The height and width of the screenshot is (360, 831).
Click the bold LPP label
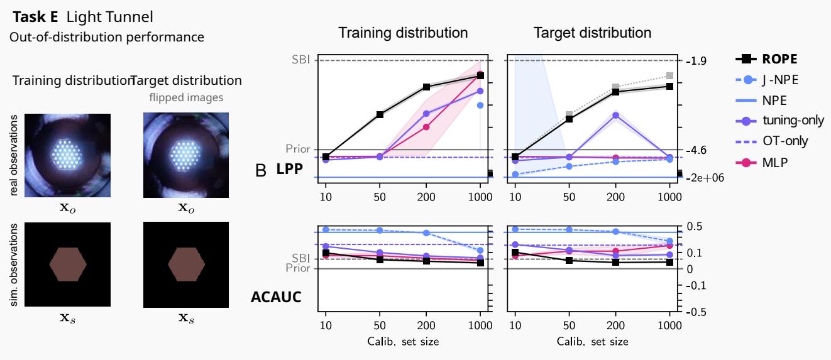tap(290, 170)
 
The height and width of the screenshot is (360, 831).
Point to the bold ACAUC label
tap(276, 297)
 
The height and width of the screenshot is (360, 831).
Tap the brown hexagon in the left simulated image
tap(68, 264)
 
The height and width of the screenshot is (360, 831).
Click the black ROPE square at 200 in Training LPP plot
tap(427, 87)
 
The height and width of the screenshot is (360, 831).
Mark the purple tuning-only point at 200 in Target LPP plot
tap(615, 115)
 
